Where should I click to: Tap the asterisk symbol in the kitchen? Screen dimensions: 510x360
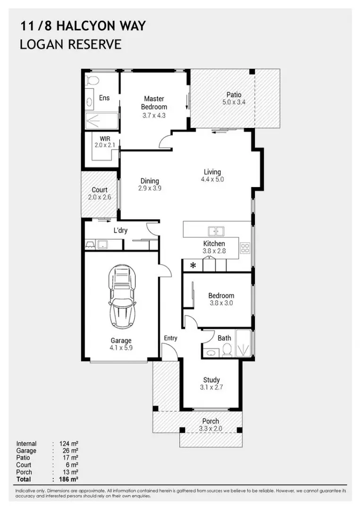coord(193,266)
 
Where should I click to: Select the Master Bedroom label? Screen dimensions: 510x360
coord(154,102)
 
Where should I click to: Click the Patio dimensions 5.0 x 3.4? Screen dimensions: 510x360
coord(234,102)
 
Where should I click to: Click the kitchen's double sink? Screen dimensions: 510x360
coord(216,231)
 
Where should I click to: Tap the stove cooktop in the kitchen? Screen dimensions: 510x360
coord(245,248)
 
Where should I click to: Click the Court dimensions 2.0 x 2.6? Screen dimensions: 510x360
coord(100,197)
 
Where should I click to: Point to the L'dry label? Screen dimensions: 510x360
coord(121,230)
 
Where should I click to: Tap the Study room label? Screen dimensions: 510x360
coord(211,380)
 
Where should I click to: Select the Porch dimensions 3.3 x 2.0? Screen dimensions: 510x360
coord(210,429)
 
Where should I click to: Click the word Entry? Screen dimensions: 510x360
coord(170,338)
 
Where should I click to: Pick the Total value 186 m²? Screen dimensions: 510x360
coord(68,479)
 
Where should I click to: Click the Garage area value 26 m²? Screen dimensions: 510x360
coord(68,451)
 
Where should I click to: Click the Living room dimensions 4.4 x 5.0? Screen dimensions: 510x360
coord(212,179)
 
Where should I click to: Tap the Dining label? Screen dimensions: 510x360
coord(150,181)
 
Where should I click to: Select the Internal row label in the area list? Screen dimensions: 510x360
coord(26,444)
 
